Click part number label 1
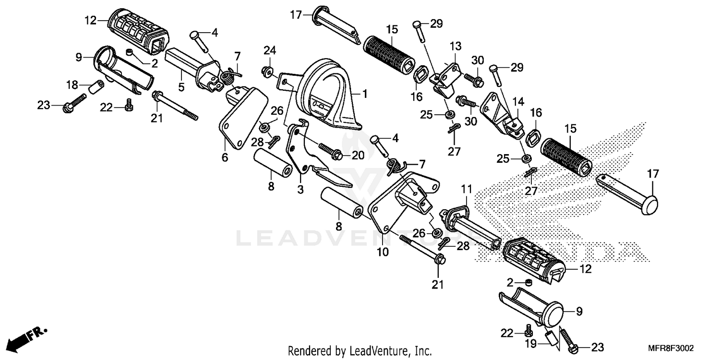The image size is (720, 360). click(x=364, y=94)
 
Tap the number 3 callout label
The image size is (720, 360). click(x=300, y=190)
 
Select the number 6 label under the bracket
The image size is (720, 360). click(x=225, y=157)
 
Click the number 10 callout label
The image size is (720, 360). click(x=383, y=252)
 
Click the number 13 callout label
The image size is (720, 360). click(x=455, y=47)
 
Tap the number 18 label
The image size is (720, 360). click(x=72, y=84)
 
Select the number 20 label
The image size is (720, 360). click(x=358, y=155)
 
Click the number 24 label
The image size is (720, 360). click(x=270, y=50)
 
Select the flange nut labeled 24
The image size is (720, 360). click(x=265, y=72)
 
